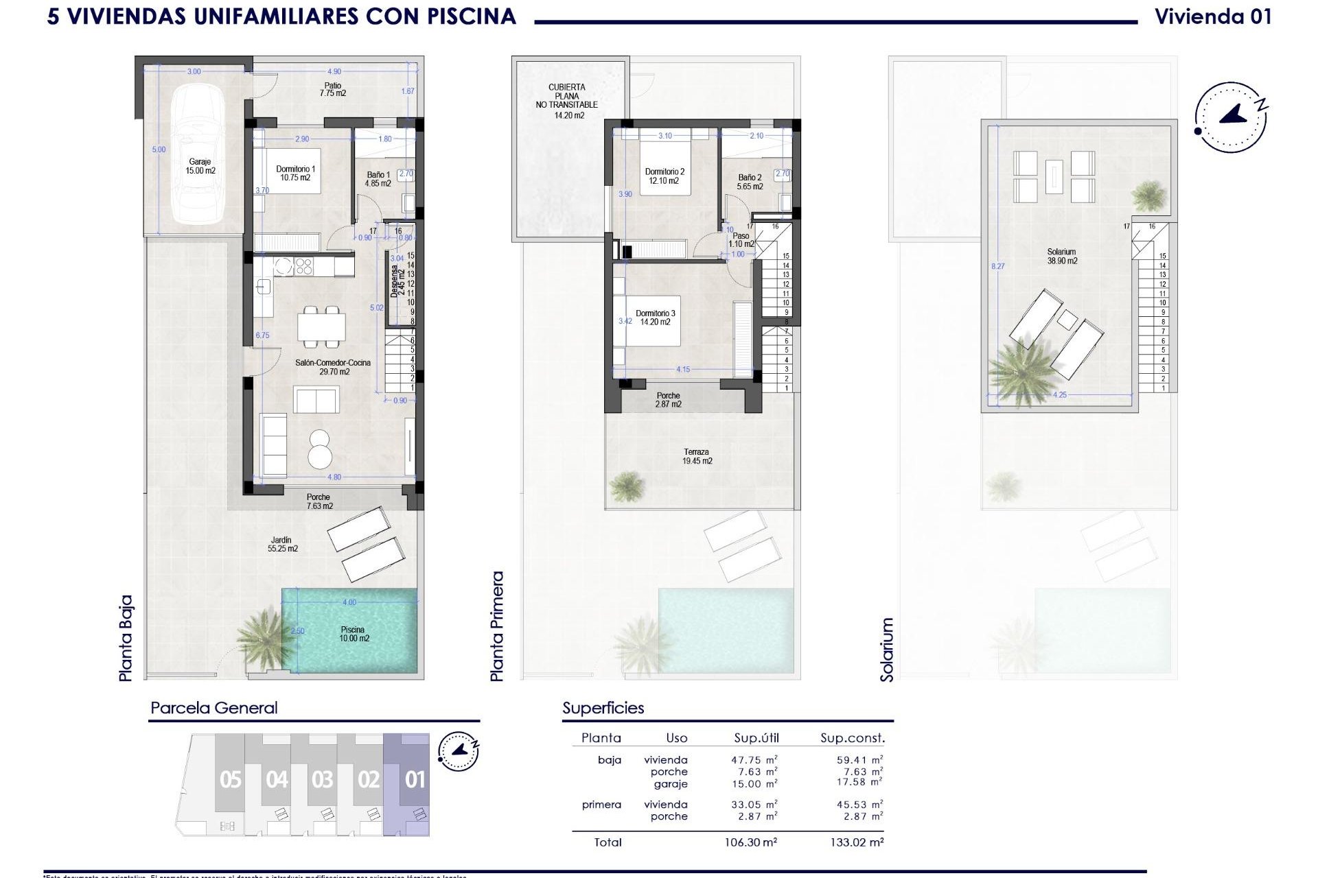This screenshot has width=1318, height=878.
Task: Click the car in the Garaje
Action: [x=198, y=154]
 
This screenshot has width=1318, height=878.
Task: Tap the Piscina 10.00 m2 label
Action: [x=354, y=634]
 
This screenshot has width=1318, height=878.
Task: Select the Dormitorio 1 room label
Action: [x=295, y=173]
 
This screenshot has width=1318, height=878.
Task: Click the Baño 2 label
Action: [x=750, y=182]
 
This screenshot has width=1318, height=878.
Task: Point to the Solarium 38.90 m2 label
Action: [x=1061, y=256]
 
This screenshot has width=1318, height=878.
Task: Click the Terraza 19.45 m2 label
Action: [x=697, y=456]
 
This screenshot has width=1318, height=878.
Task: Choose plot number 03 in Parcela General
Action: [x=322, y=780]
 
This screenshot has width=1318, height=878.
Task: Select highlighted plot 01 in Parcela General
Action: [x=415, y=780]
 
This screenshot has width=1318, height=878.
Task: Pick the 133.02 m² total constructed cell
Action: [x=856, y=842]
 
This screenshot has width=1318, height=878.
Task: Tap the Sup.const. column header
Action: [x=852, y=738]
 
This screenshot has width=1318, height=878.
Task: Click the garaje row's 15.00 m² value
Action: [x=754, y=783]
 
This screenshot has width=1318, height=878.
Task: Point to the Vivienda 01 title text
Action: [x=1212, y=16]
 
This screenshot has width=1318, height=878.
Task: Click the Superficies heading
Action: [x=603, y=708]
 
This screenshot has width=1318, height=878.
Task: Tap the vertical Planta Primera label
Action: [x=497, y=626]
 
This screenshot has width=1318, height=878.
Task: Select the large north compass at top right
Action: [x=1230, y=117]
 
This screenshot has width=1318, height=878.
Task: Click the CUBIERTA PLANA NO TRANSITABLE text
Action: [x=566, y=101]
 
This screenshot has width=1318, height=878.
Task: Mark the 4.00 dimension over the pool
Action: [x=349, y=602]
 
